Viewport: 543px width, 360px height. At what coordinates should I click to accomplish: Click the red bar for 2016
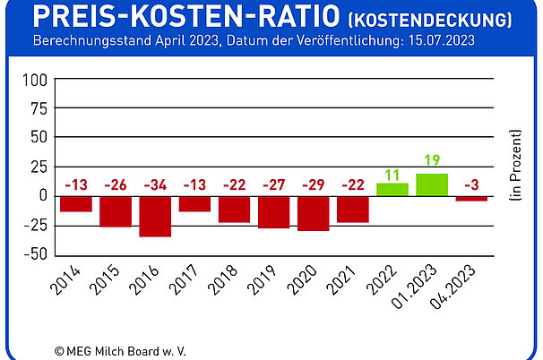(x=155, y=216)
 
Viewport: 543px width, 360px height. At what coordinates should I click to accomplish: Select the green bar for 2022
(x=392, y=189)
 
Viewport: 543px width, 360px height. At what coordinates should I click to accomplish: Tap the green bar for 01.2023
(x=432, y=184)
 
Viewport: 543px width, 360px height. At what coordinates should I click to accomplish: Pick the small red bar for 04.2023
(x=471, y=198)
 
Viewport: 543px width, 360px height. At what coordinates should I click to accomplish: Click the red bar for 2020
(x=314, y=213)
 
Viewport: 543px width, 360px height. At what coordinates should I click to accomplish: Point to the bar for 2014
(x=76, y=203)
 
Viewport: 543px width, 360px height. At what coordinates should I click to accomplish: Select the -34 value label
(x=155, y=186)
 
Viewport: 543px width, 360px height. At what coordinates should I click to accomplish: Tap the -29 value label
(x=314, y=186)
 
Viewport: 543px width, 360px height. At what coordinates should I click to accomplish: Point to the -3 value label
(x=471, y=186)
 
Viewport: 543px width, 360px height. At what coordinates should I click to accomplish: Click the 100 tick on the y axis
(x=35, y=79)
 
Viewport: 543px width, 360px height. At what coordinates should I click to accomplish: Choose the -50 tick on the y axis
(x=35, y=254)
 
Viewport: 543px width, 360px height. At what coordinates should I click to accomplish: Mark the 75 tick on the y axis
(x=38, y=108)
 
